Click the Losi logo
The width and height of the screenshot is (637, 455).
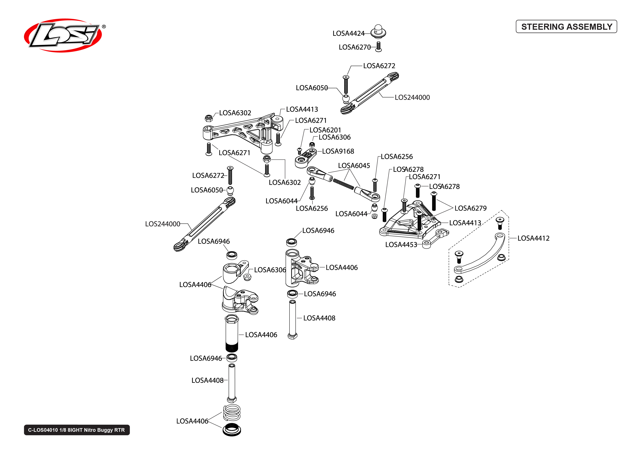click(x=63, y=36)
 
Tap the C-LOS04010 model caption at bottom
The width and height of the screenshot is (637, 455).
click(x=76, y=430)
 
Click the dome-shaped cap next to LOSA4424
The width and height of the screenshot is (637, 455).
click(x=378, y=31)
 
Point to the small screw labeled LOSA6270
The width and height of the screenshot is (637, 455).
click(x=378, y=46)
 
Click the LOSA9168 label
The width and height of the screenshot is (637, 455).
click(x=338, y=151)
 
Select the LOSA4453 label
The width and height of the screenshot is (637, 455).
click(x=401, y=245)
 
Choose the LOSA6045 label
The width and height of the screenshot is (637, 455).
click(x=354, y=166)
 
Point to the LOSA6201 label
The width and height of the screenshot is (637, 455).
click(x=325, y=130)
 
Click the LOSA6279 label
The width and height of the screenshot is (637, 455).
click(x=470, y=208)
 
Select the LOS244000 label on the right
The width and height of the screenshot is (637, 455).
click(x=412, y=97)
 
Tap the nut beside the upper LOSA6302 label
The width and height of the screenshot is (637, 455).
click(x=208, y=118)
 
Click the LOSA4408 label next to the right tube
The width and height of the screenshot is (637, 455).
click(x=319, y=318)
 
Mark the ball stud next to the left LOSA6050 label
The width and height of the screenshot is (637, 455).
click(x=230, y=190)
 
